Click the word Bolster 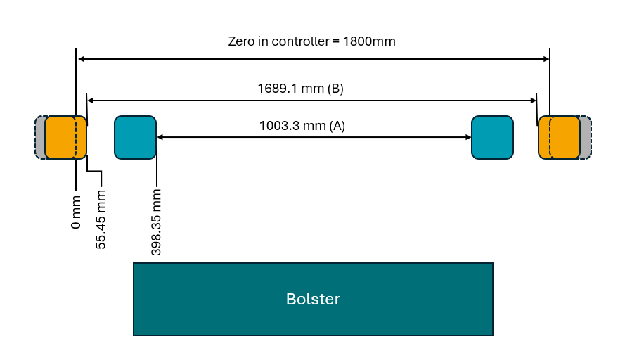coord(313,299)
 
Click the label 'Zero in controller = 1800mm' coord(311,41)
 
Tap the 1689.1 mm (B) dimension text coord(300,89)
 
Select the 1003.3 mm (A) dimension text coord(302,126)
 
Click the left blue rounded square coord(135,137)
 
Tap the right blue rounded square coord(492,137)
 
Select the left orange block coord(65,137)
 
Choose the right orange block coord(560,137)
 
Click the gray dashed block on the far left coord(40,137)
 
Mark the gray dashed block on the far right coord(586,137)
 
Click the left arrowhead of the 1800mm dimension coord(81,59)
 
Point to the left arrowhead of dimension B coord(91,101)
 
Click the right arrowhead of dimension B coord(532,101)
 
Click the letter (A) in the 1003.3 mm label coord(337,126)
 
